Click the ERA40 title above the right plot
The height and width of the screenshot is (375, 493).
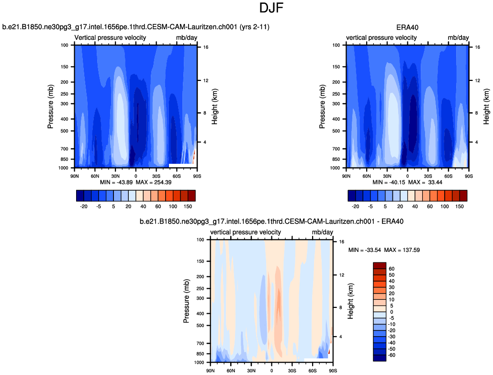pyautogui.click(x=407, y=27)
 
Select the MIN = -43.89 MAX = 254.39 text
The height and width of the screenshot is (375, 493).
pyautogui.click(x=136, y=182)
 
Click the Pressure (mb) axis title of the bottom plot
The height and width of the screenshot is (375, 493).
pyautogui.click(x=186, y=301)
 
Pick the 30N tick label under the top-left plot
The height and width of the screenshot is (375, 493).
pyautogui.click(x=115, y=175)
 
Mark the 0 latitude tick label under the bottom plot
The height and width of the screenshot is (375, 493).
pyautogui.click(x=272, y=370)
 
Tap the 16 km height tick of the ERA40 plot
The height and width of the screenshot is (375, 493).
pyautogui.click(x=477, y=47)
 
